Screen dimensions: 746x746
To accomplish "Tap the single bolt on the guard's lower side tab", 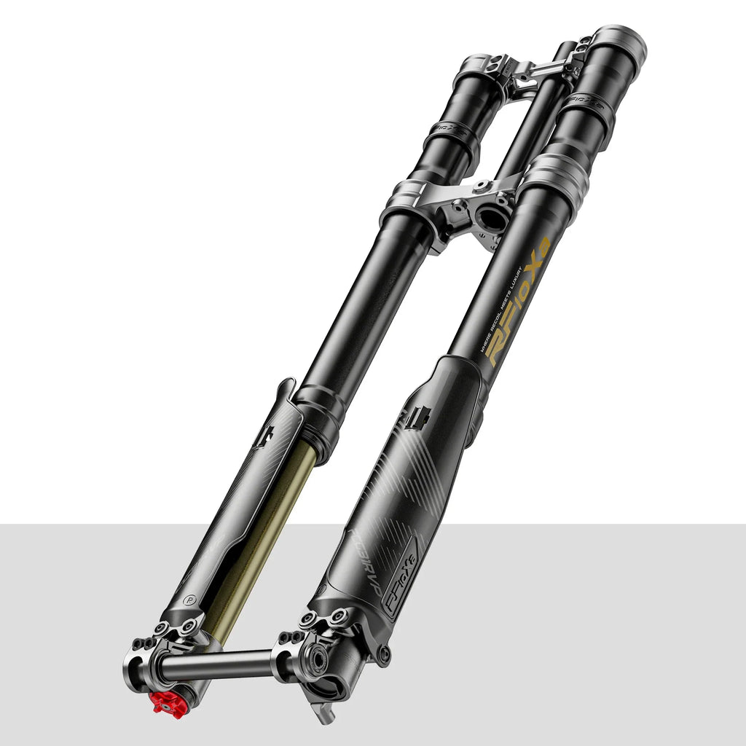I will coord(383,654).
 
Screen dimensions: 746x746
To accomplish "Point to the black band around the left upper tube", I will coord(452,138).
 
